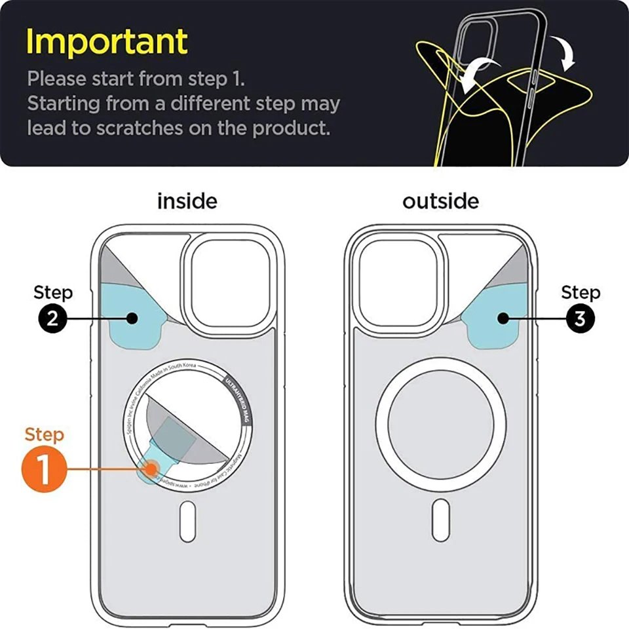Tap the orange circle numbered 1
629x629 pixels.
(x=44, y=470)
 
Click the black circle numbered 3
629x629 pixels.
(x=579, y=319)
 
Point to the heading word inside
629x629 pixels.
(x=187, y=201)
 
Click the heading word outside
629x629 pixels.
(x=440, y=201)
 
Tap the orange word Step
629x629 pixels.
(x=44, y=434)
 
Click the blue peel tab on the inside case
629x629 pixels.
(x=131, y=318)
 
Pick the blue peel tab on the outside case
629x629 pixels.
(x=498, y=318)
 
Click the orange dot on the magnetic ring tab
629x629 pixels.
(x=153, y=469)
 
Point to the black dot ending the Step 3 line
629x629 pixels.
(x=503, y=319)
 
